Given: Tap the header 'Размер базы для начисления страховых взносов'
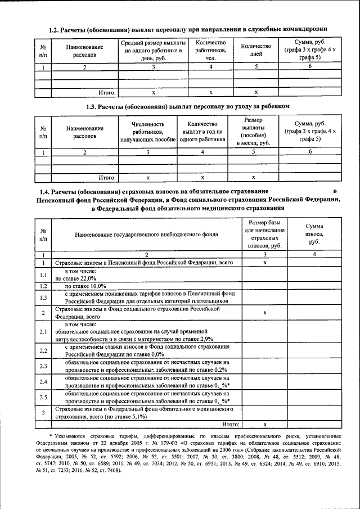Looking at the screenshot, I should pyautogui.click(x=264, y=232).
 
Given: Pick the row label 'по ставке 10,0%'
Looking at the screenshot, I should pyautogui.click(x=85, y=286).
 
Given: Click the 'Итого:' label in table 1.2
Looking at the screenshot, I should pyautogui.click(x=107, y=92).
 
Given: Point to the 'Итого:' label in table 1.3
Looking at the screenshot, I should pyautogui.click(x=107, y=177).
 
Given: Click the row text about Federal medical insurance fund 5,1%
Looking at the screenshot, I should pyautogui.click(x=143, y=413).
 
